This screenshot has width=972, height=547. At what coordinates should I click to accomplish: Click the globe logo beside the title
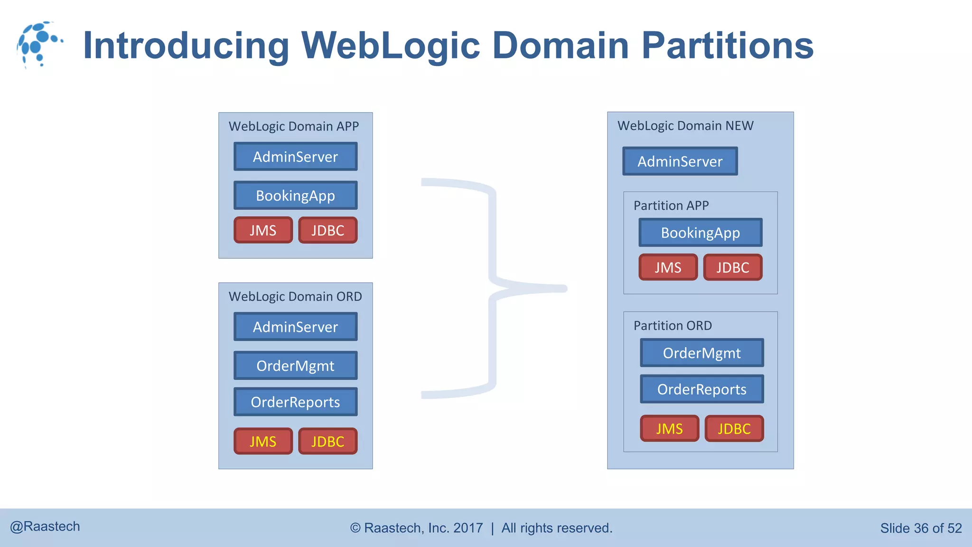pos(39,44)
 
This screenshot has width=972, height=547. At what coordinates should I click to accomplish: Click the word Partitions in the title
pos(727,46)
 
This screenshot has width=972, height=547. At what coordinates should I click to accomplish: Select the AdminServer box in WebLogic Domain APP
pos(295,157)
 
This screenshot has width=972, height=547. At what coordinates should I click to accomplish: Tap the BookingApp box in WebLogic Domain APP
pos(295,196)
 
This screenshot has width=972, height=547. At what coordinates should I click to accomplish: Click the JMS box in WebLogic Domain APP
pos(263,230)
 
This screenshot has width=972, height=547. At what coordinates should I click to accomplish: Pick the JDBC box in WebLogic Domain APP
pos(327,230)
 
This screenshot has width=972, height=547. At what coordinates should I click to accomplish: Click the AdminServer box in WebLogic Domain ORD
pos(295,327)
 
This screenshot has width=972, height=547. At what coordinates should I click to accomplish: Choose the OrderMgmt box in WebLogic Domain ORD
pos(295,366)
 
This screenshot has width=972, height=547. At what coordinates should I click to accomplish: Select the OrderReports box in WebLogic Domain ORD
pos(295,402)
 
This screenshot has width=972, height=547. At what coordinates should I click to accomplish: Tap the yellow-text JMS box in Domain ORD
pos(263,442)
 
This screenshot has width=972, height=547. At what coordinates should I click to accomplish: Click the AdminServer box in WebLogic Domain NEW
pos(680,161)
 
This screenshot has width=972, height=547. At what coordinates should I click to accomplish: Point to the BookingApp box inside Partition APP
pos(700,233)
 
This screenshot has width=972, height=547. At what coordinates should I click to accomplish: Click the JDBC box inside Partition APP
pos(732,267)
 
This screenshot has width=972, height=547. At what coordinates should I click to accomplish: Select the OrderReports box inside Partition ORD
pos(701,389)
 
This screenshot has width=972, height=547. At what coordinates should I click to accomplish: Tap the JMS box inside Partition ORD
pos(669,429)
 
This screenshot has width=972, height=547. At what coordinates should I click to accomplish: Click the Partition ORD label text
pos(673,326)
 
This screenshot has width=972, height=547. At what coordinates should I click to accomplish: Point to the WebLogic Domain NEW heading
pos(685,126)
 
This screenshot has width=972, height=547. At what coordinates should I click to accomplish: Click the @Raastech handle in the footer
pos(45,527)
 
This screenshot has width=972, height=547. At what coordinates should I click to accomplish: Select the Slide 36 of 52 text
pos(921,528)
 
